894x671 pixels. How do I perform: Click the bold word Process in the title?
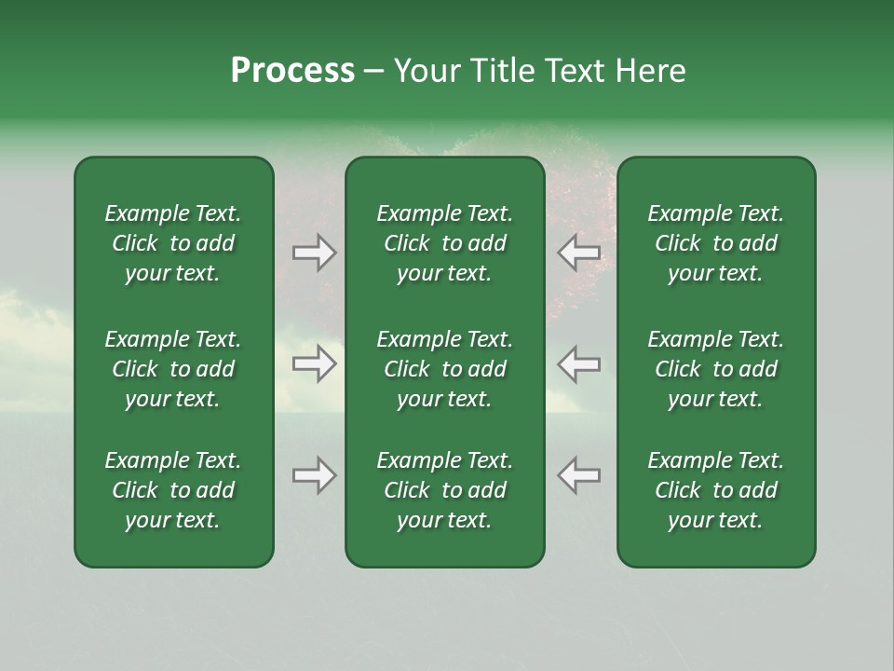pos(292,71)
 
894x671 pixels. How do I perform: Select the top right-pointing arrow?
pos(315,253)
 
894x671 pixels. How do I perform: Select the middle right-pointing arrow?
pos(315,363)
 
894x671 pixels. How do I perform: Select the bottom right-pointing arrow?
pos(315,475)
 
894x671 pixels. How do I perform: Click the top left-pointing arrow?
pos(578,253)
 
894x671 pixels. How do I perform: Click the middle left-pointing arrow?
pos(578,363)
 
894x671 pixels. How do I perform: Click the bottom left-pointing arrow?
pos(578,475)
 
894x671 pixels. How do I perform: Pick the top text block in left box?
pos(173,243)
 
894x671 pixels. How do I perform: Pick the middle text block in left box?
pos(173,369)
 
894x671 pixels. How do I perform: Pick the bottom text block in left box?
pos(173,490)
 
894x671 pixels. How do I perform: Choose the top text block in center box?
pos(444,243)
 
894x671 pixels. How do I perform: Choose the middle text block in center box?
pos(444,369)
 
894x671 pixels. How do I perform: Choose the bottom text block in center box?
pos(444,490)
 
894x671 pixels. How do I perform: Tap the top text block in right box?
pos(715,243)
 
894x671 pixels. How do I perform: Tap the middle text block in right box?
pos(715,369)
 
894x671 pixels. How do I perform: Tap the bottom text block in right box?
pos(715,490)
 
